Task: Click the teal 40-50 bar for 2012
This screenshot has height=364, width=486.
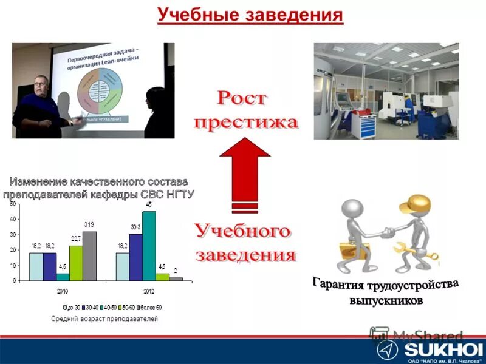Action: point(149,246)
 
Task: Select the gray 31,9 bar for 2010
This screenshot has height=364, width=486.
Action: point(89,256)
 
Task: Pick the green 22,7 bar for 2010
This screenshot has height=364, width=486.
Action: point(76,263)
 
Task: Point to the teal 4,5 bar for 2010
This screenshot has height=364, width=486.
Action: point(63,277)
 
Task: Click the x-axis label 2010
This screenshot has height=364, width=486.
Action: point(63,291)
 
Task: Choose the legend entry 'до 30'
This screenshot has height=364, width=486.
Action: point(74,308)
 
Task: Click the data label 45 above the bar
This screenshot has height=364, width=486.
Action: point(148,204)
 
